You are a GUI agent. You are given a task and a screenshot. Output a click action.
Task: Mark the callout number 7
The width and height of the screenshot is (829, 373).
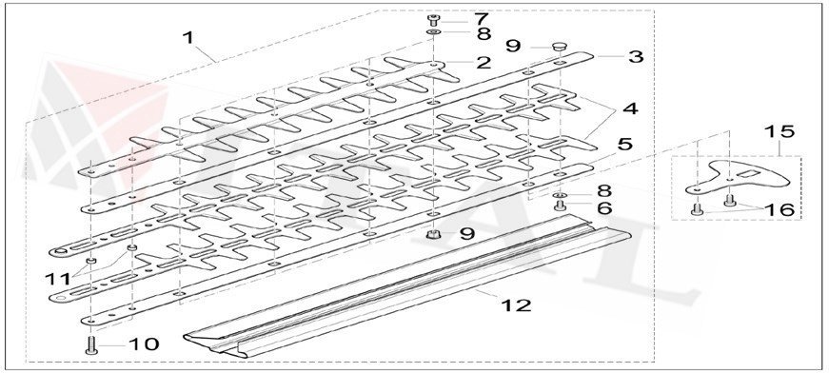click(x=481, y=18)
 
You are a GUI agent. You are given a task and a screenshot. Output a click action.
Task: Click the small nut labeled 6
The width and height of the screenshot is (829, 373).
click(x=561, y=206)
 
